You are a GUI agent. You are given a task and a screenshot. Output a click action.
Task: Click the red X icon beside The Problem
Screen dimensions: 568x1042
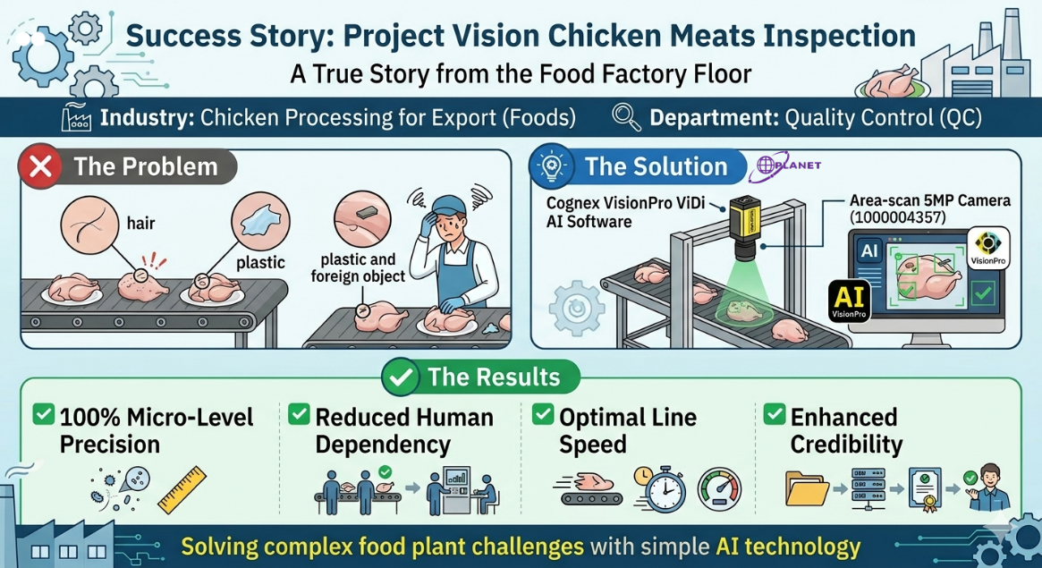click(40, 167)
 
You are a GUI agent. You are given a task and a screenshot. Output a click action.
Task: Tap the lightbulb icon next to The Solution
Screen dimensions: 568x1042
click(552, 167)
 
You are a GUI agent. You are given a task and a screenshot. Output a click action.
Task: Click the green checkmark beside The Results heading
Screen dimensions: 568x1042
click(401, 377)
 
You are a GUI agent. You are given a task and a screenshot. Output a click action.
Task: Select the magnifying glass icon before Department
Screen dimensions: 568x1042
click(626, 117)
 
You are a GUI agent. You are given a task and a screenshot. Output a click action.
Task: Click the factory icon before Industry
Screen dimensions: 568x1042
click(76, 118)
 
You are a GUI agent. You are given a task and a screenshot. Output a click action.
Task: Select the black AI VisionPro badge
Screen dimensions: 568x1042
click(851, 300)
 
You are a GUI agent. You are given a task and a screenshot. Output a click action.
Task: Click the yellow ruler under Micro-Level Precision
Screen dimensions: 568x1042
click(182, 490)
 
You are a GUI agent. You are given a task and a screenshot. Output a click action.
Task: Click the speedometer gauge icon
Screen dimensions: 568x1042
click(719, 489)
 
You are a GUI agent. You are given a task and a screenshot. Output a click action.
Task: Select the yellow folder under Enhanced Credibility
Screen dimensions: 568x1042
click(806, 488)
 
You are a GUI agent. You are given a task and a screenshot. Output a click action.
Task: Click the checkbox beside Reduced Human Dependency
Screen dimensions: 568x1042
click(300, 415)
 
